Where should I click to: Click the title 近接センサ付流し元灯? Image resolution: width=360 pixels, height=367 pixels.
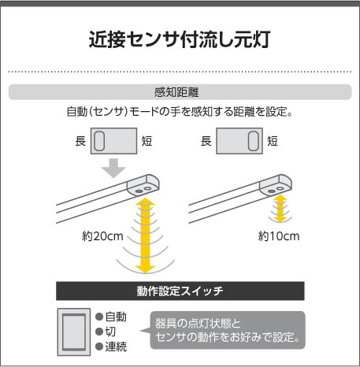pos(180,40)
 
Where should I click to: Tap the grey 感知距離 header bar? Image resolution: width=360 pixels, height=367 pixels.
pos(180,92)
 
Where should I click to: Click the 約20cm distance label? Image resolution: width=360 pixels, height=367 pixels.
pos(102,236)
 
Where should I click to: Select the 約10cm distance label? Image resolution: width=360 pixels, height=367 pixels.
pos(279,236)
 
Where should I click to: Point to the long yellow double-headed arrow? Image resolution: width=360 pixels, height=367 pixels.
pos(145,235)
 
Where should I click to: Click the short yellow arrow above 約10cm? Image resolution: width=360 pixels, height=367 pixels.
pos(280,209)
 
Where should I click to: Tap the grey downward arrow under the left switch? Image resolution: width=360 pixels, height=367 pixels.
pos(113,168)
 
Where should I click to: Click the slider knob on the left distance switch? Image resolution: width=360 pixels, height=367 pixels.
pos(99,141)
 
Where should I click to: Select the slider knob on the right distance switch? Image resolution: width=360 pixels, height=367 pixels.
pos(254,141)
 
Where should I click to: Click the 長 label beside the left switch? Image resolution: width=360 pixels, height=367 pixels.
pos(80,141)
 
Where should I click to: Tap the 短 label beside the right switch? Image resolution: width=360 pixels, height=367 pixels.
pos(273,141)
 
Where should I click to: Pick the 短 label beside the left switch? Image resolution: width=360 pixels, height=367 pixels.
pos(147,141)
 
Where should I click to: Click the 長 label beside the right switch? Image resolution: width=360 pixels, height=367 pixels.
pos(206,141)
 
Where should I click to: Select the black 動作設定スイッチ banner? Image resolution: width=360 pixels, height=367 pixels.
pos(180,291)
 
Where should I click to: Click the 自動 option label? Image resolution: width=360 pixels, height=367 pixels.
pos(116,317)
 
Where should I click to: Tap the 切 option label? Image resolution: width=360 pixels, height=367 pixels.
pos(110,332)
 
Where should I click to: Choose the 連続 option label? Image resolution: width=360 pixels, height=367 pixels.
pos(116,347)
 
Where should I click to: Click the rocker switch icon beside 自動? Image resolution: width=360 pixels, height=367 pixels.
pos(74,332)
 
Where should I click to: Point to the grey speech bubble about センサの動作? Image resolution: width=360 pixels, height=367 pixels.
pos(228,330)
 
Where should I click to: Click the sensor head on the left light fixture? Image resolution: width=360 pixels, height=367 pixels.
pos(143,185)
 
